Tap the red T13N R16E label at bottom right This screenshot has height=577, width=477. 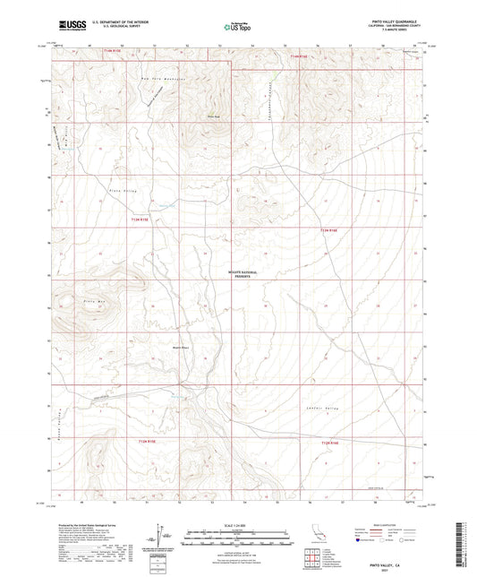pos(330,442)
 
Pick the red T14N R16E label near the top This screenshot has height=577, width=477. pos(299,56)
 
